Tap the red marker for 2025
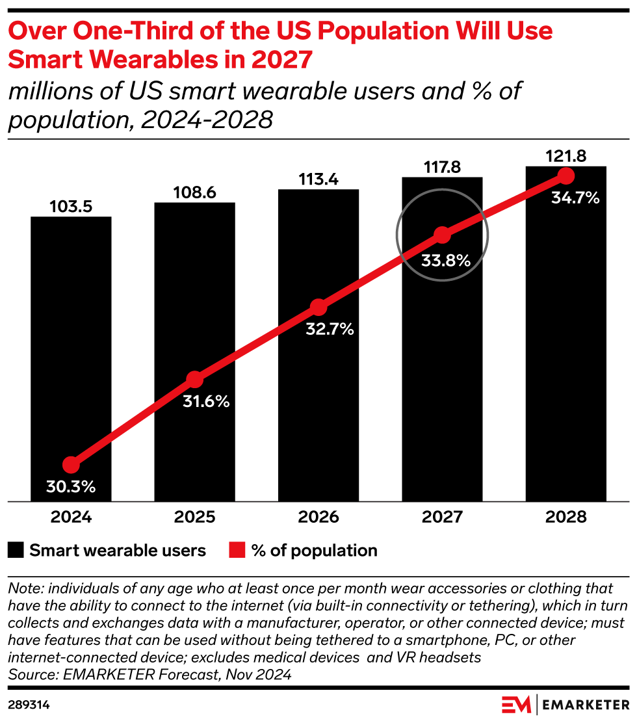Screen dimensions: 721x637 point(194,380)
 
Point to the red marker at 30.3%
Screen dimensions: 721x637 point(71,465)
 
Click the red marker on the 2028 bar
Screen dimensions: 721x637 point(565,176)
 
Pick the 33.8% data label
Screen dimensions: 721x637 point(442,261)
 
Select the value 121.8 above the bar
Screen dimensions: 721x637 point(565,156)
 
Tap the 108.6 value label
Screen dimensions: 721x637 point(194,193)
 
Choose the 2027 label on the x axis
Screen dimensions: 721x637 point(442,518)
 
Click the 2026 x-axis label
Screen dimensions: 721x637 point(318,518)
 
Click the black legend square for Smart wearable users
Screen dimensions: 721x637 point(16,551)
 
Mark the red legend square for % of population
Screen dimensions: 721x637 point(237,551)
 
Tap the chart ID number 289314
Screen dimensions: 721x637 point(29,704)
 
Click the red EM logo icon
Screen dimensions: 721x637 point(516,704)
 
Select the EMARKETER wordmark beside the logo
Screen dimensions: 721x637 point(585,704)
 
